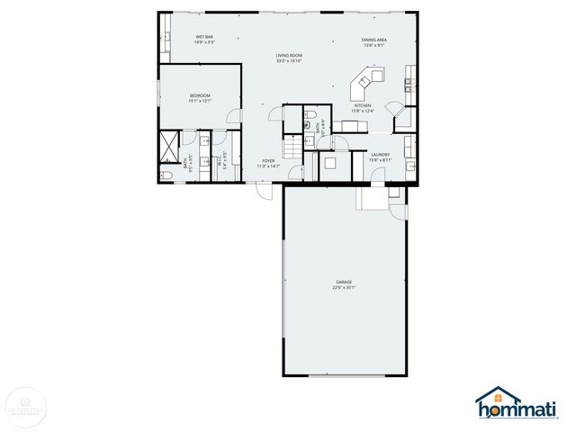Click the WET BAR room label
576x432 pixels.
pyautogui.click(x=204, y=37)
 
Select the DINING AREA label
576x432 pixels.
pyautogui.click(x=374, y=40)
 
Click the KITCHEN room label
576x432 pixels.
pyautogui.click(x=362, y=106)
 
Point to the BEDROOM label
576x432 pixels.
pyautogui.click(x=200, y=95)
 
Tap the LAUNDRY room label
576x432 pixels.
pyautogui.click(x=380, y=155)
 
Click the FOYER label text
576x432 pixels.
pyautogui.click(x=268, y=161)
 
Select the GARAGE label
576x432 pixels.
pyautogui.click(x=344, y=283)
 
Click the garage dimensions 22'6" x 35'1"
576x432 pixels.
pyautogui.click(x=344, y=288)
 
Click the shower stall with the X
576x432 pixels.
pyautogui.click(x=169, y=144)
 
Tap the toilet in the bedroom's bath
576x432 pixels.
pyautogui.click(x=168, y=172)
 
